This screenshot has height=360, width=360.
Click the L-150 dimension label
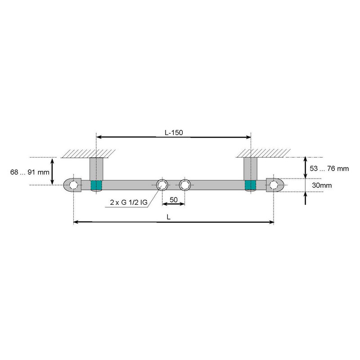pos(173,133)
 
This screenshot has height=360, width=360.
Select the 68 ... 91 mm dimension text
pos(29,171)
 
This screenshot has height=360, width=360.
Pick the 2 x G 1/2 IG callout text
pos(129,202)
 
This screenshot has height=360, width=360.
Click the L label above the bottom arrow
pos(168,216)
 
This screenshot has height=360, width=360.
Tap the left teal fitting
pos(96,185)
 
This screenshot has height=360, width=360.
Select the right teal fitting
pos(250,185)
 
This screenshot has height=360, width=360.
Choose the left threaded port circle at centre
pos(162,184)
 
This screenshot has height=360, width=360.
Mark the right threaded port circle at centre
pos(184,184)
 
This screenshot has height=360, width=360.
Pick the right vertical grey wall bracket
pos(250,168)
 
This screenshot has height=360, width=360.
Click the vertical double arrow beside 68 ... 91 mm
pos(53,171)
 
